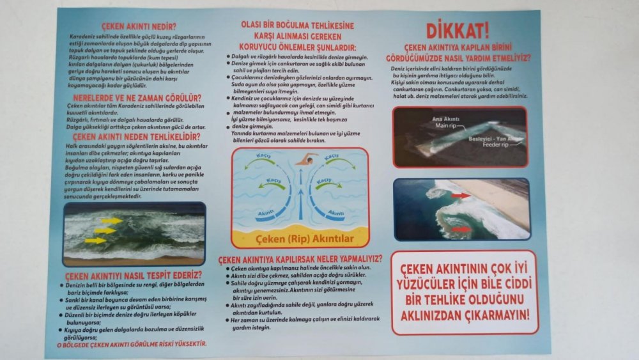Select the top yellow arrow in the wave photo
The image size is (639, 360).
111,221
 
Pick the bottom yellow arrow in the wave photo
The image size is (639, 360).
95,241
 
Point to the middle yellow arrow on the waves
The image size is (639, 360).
105,231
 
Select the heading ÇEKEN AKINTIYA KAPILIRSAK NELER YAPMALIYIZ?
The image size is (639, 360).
300,259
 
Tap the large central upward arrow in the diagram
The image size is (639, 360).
300,192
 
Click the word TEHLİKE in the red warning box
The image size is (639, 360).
438,300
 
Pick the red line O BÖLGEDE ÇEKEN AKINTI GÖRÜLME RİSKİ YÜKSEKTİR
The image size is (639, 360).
132,344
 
